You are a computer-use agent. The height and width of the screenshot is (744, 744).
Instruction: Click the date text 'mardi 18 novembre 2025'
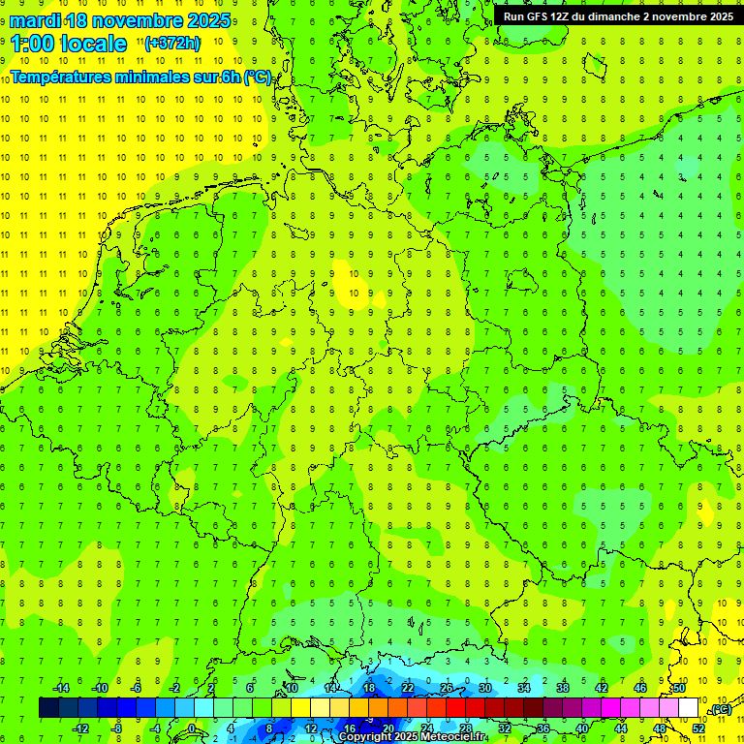[x=120, y=20]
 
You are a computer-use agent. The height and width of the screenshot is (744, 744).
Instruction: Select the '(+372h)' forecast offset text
[x=172, y=43]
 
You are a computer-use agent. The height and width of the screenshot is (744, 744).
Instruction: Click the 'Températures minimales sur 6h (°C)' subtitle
[x=141, y=77]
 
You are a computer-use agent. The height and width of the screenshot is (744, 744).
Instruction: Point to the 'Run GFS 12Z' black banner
[x=618, y=15]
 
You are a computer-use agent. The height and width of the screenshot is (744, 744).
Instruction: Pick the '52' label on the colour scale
[x=698, y=728]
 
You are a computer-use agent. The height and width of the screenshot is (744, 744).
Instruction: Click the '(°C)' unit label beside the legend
[x=721, y=709]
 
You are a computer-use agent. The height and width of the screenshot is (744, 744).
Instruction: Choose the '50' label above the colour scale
[x=678, y=688]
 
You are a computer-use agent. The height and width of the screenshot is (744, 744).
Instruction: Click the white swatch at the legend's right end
[x=689, y=708]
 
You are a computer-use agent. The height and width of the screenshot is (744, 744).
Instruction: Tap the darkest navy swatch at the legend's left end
[x=48, y=708]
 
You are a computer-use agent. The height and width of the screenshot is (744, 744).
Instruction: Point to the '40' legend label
[x=581, y=728]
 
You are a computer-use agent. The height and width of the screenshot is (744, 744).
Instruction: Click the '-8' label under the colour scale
[x=117, y=728]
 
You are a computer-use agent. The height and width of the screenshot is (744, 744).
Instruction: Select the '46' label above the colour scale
[x=639, y=688]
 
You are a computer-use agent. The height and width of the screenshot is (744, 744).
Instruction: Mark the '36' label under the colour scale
[x=542, y=728]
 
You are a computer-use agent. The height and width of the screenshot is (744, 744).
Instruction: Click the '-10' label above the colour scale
[x=98, y=688]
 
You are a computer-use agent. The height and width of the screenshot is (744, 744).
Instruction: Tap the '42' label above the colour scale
[x=601, y=688]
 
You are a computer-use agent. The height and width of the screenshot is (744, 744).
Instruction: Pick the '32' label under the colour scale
[x=504, y=728]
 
